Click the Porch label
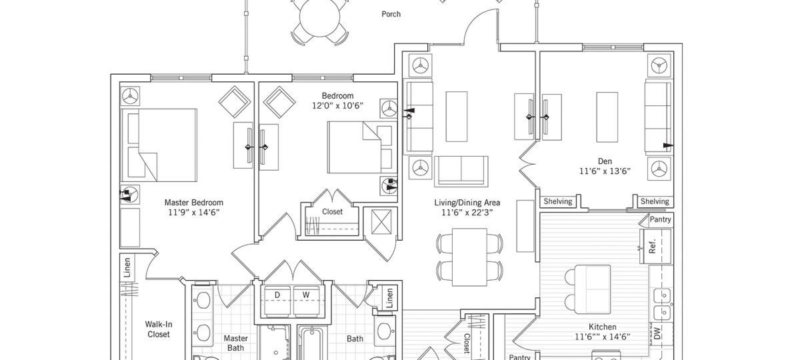pyautogui.click(x=391, y=14)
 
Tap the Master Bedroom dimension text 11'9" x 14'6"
pyautogui.click(x=193, y=212)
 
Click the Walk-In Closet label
pyautogui.click(x=158, y=329)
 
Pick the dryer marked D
pyautogui.click(x=277, y=295)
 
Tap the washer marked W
pyautogui.click(x=306, y=295)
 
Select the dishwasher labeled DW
pyautogui.click(x=657, y=334)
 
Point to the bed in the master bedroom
pyautogui.click(x=159, y=145)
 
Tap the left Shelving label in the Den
pyautogui.click(x=558, y=202)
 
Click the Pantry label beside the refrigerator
pyautogui.click(x=660, y=219)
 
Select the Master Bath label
pyautogui.click(x=235, y=343)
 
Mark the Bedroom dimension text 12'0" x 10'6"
pyautogui.click(x=337, y=106)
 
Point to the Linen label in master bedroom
pyautogui.click(x=127, y=267)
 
